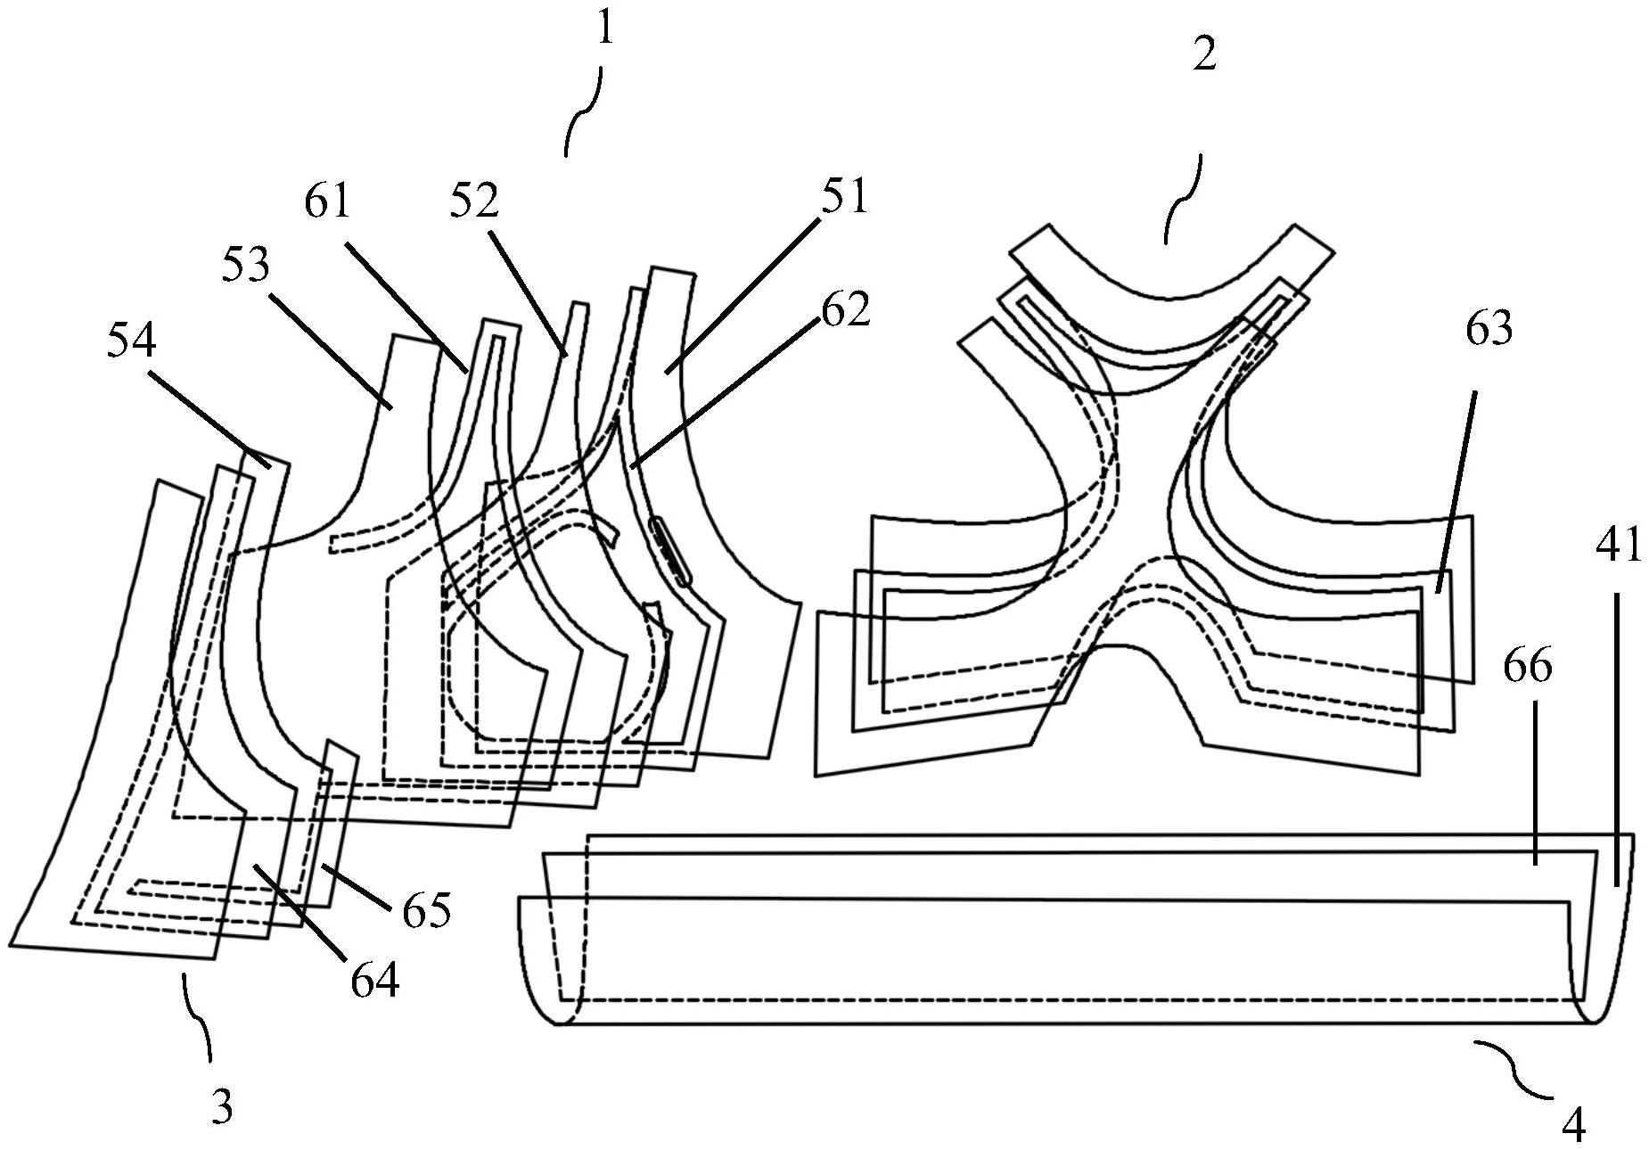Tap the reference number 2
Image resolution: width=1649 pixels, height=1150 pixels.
(1203, 57)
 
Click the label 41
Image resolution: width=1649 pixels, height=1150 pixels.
(1618, 544)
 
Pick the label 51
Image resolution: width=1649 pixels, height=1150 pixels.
(844, 196)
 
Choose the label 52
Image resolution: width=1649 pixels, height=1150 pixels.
(473, 201)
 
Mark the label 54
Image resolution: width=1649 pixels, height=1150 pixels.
(131, 341)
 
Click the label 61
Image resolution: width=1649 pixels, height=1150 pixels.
(328, 201)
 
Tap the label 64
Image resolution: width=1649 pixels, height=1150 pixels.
(374, 981)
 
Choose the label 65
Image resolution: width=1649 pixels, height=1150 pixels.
(426, 909)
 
